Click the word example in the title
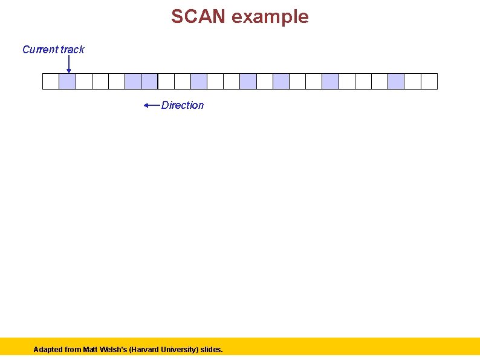point(270,17)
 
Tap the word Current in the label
point(40,50)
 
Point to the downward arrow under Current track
point(68,64)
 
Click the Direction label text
point(183,105)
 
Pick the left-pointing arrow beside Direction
point(152,105)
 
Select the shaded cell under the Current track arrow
point(67,82)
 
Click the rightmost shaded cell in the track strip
point(396,82)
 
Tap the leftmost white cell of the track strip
point(51,82)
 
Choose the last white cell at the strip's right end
point(429,82)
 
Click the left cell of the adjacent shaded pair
point(133,82)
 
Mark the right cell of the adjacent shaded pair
point(149,82)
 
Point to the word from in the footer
point(73,350)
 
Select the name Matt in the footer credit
point(90,350)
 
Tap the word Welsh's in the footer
point(115,350)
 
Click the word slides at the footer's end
point(212,350)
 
